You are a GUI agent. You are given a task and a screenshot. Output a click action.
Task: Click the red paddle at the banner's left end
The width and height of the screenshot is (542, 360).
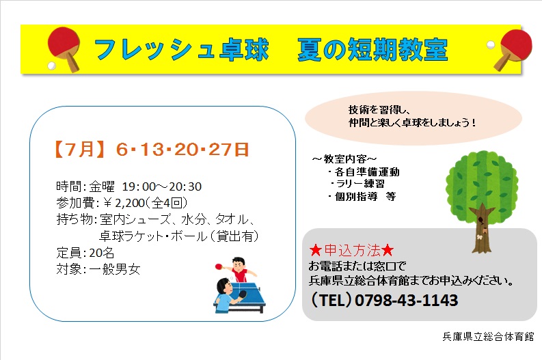[x=64, y=48]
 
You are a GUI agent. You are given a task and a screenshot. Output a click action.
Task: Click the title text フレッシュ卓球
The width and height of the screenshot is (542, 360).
[x=182, y=50]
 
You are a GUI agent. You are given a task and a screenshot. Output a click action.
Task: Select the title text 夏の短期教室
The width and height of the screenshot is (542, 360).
[x=372, y=50]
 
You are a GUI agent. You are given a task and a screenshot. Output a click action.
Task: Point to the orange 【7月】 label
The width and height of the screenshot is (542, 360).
[x=79, y=150]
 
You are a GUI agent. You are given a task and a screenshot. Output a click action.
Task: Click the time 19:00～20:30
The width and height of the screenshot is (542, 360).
[x=162, y=186]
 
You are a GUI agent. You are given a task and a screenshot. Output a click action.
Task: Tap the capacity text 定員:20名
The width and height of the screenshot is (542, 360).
[x=85, y=253]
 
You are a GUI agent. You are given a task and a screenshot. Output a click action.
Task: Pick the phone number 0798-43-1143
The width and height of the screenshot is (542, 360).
[x=406, y=301]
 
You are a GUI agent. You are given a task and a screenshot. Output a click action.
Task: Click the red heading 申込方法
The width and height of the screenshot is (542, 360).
[x=352, y=250]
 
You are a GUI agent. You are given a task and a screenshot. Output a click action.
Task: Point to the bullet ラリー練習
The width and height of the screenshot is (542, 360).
[x=360, y=184]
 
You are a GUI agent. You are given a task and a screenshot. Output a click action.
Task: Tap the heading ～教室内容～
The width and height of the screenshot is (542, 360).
[x=344, y=159]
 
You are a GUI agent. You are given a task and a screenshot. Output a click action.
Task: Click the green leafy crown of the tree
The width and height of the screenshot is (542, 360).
[x=481, y=182]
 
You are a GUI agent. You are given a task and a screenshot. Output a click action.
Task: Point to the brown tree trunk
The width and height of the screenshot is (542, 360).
[x=481, y=229]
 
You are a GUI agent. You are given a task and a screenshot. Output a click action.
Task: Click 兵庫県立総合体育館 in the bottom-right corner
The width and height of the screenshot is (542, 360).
[x=488, y=336]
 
